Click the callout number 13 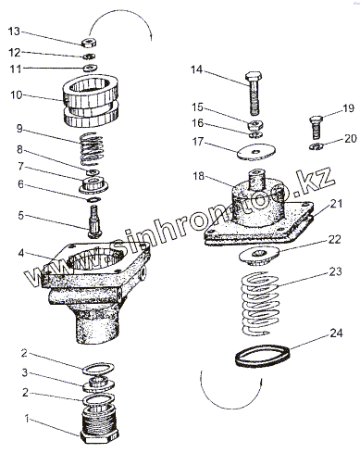coord(14,31)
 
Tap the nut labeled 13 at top coord(89,43)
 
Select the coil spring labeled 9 coord(92,148)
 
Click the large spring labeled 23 coord(259,303)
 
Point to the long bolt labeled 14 coord(254,94)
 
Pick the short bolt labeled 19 coord(316,127)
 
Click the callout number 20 coord(351,139)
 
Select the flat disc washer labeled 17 coord(256,152)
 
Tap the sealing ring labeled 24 coord(263,357)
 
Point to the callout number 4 coord(20,253)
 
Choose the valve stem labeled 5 coord(94,222)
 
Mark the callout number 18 coord(199,176)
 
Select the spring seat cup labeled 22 coord(259,257)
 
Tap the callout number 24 coord(336,333)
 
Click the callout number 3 coord(25,372)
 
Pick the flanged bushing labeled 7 coord(93,184)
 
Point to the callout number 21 coord(336,204)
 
